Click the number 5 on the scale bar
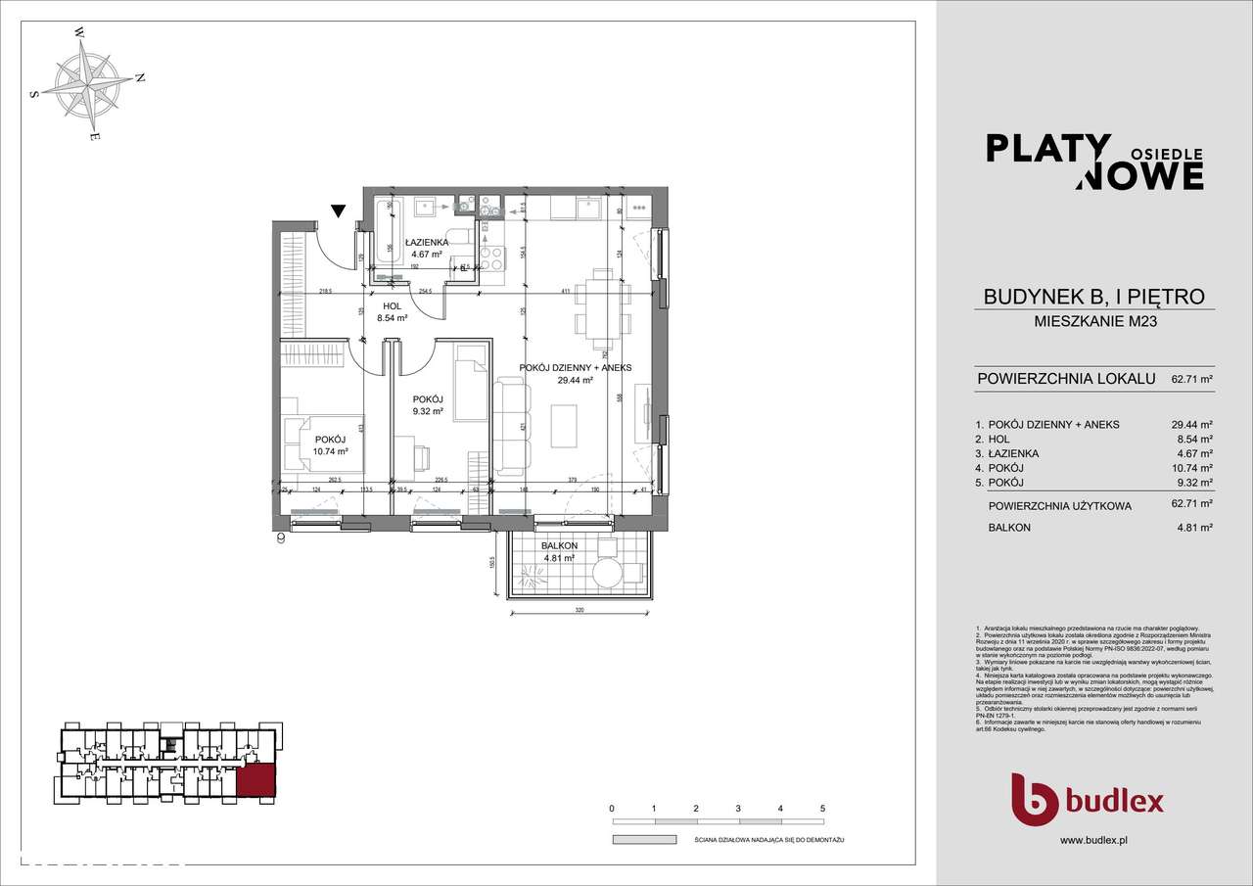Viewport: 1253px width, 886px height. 822,809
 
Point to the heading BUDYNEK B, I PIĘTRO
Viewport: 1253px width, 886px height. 1093,297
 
